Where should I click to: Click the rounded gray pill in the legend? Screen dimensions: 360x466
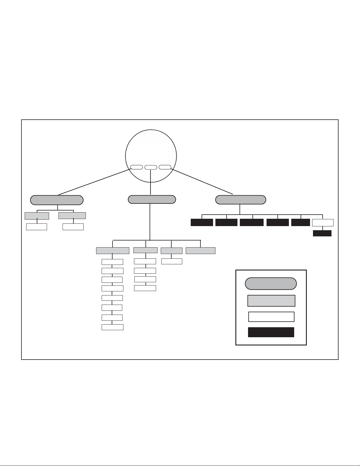(x=271, y=284)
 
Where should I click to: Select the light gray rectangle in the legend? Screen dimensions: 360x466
(x=271, y=301)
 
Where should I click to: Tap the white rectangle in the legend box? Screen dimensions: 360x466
(x=271, y=317)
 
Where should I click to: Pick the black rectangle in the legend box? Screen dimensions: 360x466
(x=271, y=332)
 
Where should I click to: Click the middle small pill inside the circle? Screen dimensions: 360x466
(x=150, y=167)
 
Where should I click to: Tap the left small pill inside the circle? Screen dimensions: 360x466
(x=136, y=167)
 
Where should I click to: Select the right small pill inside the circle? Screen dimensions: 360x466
(x=165, y=167)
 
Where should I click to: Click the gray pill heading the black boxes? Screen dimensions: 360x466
(x=240, y=200)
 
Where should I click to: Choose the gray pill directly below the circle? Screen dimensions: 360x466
(x=152, y=200)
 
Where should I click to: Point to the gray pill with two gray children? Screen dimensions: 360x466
(x=57, y=200)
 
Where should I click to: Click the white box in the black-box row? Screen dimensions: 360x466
(x=323, y=223)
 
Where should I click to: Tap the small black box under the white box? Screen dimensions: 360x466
(x=322, y=233)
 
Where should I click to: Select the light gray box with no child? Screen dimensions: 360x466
(x=200, y=251)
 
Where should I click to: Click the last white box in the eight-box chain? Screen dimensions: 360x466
(x=112, y=327)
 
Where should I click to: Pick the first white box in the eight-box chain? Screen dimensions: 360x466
(x=112, y=262)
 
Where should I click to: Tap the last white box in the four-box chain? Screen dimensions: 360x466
(x=145, y=288)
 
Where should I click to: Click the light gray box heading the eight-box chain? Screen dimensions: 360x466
(x=113, y=251)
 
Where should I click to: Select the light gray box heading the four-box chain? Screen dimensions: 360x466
(x=145, y=250)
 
